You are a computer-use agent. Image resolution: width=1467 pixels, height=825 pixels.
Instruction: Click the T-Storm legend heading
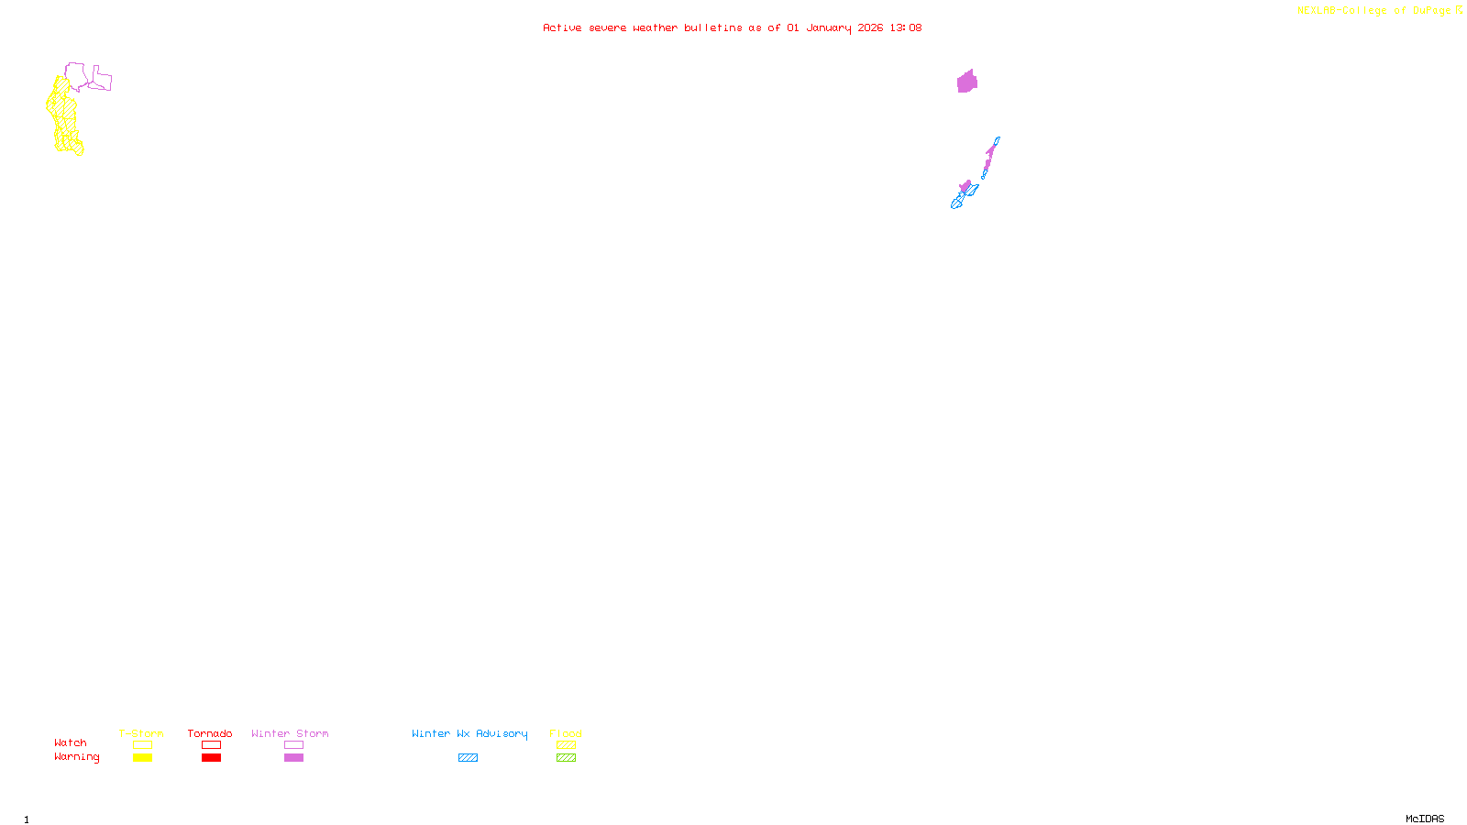[141, 733]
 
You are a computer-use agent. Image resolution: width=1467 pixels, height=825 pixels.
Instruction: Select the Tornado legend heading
[210, 733]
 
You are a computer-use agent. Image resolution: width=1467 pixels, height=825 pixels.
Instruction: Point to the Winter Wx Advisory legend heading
[469, 733]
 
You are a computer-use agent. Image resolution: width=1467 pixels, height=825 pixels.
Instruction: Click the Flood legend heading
[566, 733]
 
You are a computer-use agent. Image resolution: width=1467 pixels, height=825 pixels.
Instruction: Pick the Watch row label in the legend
[71, 743]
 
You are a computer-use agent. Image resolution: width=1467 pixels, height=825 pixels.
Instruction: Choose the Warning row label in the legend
[76, 757]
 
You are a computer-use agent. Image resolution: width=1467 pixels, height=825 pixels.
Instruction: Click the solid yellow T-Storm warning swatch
[142, 758]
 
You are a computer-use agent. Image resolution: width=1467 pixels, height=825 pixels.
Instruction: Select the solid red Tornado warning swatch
[211, 758]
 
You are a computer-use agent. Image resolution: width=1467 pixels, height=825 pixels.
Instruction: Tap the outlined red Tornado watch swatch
[211, 745]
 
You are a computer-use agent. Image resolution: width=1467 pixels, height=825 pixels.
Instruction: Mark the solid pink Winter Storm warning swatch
[293, 758]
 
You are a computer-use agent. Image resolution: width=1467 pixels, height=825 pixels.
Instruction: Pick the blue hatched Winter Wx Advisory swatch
[468, 758]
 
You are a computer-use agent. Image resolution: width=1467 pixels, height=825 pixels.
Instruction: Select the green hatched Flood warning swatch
[566, 758]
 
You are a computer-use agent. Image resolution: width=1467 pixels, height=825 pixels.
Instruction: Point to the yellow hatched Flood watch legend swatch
[566, 745]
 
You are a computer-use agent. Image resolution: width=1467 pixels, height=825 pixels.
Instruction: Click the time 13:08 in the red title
[905, 27]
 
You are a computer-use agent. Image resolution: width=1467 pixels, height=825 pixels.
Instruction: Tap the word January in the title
[828, 27]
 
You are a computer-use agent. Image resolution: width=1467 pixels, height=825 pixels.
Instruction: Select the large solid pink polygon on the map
[966, 82]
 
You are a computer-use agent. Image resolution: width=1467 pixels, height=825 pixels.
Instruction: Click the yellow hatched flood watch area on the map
[63, 115]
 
